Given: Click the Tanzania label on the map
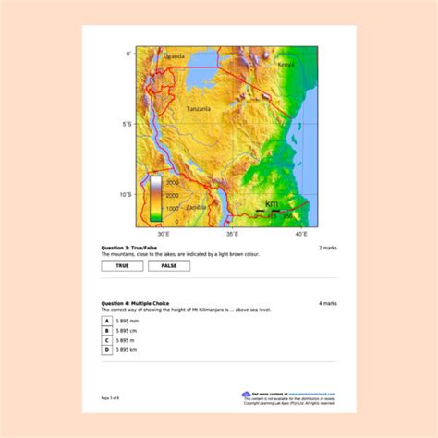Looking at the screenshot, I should point(198,109).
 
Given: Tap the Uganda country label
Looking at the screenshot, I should point(174,56).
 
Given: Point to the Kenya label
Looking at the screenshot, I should point(286,65).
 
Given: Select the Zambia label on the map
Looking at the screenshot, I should point(196,208).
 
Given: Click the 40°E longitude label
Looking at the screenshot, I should point(301,236).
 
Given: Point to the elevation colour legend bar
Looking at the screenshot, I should point(156,200).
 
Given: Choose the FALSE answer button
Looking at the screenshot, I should point(169,266).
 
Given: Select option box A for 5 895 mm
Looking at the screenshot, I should point(107,320).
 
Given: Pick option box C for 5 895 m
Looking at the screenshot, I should point(107,340).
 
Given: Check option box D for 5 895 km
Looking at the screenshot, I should point(107,350).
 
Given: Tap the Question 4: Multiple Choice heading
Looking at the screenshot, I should point(135,302).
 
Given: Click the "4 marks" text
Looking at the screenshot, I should point(328,303).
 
